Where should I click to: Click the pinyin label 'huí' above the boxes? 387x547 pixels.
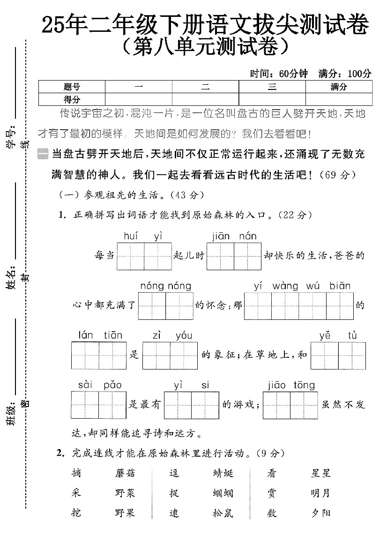131,237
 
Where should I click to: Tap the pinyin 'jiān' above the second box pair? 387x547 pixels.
221,237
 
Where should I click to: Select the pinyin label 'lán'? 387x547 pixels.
86,335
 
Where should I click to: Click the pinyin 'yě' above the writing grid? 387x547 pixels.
325,335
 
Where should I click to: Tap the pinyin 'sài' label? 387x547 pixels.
86,385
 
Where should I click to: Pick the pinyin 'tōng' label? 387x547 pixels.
305,385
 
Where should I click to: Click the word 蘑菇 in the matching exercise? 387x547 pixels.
125,473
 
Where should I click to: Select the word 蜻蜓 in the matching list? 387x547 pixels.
223,473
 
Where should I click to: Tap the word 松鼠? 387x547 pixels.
223,513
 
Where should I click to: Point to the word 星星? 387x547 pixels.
321,473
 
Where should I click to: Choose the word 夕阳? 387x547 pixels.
321,513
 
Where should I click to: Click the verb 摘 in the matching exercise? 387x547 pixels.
76,473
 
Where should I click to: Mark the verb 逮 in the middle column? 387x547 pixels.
174,513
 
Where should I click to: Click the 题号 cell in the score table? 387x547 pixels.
72,87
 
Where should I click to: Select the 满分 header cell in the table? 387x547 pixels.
339,87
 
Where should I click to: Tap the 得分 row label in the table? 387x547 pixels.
72,99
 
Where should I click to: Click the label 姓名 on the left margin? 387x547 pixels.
11,278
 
